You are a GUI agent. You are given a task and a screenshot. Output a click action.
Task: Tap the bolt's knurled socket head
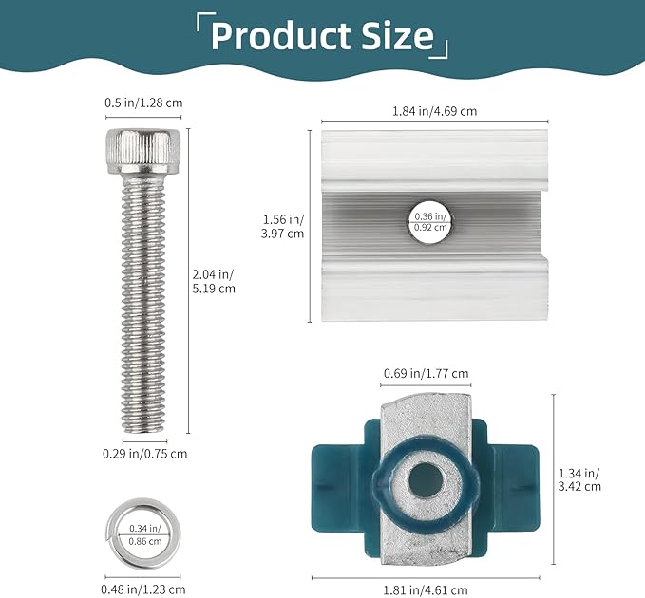point(143,151)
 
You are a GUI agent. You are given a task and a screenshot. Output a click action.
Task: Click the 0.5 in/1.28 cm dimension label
point(143,103)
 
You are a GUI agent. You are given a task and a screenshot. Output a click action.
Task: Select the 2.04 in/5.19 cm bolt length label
point(214,281)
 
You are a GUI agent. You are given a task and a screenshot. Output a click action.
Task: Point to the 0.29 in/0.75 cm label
point(144,454)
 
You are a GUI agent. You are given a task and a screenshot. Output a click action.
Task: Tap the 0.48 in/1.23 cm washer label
point(143,589)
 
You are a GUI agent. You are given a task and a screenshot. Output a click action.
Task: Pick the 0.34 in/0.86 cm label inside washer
point(144,534)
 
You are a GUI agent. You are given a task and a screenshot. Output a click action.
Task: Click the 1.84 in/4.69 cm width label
point(434,111)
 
